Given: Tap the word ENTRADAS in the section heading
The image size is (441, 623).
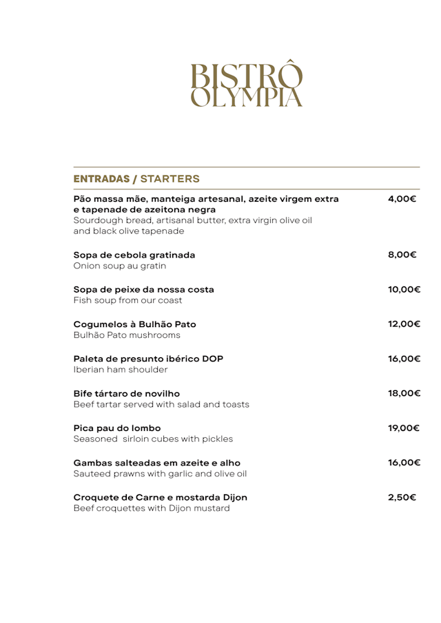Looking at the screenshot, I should [103, 179].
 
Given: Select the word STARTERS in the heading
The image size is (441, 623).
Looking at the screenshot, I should [170, 179].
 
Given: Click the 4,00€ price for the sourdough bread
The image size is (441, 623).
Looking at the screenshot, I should [402, 200].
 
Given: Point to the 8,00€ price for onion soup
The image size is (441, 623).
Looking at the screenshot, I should [402, 255].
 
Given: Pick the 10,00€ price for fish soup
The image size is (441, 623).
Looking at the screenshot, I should [404, 289].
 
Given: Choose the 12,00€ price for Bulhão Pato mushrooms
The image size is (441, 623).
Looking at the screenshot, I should [404, 324].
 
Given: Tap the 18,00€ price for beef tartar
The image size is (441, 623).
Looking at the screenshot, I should [404, 393].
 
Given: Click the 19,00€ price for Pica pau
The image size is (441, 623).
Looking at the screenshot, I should [404, 427].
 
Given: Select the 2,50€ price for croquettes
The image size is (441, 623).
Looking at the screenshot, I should [402, 497].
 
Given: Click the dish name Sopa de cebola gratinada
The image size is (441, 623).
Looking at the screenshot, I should [134, 255].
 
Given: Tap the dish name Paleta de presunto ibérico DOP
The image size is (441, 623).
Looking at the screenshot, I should [148, 359].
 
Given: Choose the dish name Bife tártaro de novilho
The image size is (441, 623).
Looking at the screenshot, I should [126, 393].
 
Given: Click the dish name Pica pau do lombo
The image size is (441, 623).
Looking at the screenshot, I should [117, 427].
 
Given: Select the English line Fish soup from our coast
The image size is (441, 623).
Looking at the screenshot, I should [128, 300].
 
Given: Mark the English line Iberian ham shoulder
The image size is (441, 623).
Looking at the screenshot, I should [121, 370].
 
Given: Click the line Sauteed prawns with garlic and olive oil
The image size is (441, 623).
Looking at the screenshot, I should [160, 474].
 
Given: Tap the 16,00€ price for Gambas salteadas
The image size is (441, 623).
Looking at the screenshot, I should [404, 463].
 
